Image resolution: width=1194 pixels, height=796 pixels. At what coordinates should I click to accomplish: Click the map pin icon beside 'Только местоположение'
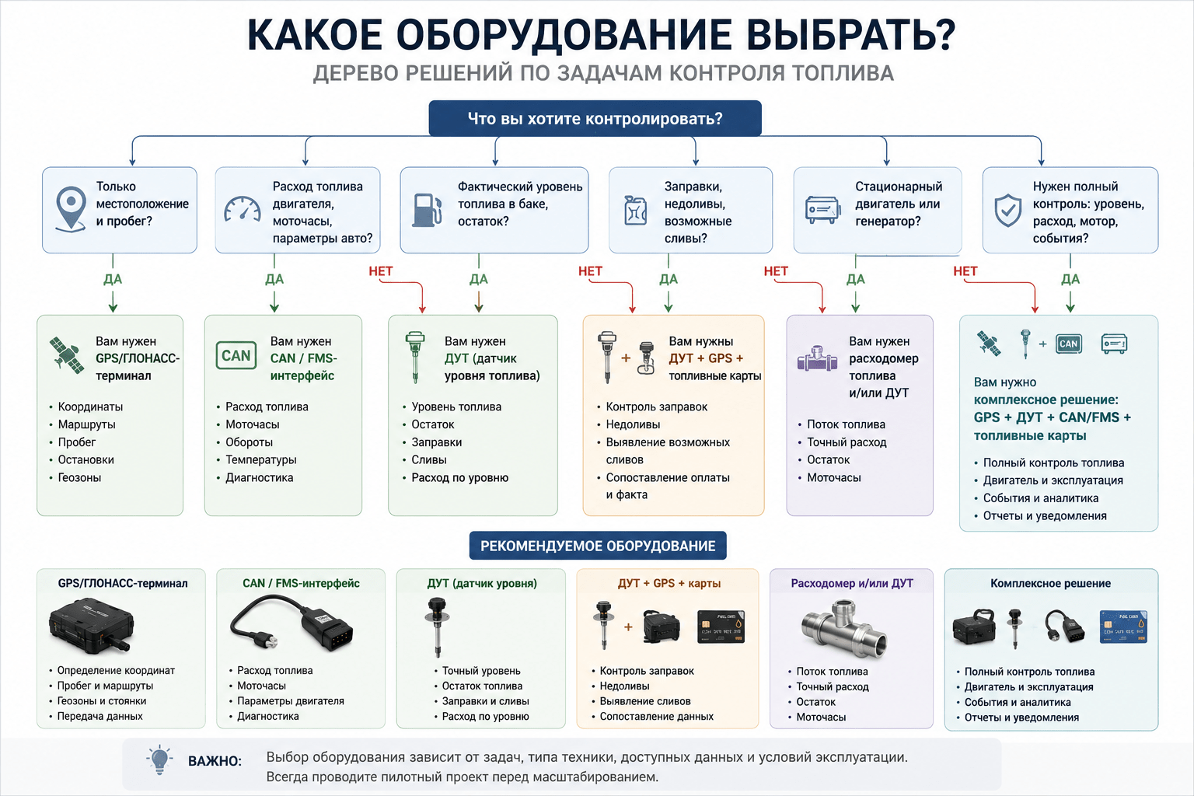[71, 209]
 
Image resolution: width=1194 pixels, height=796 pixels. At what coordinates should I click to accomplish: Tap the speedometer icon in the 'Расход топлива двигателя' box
[243, 209]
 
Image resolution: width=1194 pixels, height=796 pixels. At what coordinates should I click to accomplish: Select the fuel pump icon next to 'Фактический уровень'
[428, 210]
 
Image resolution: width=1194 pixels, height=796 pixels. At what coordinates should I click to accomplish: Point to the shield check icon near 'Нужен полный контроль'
[1008, 210]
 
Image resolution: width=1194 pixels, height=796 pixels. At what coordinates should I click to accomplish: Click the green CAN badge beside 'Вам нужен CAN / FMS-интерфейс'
[236, 355]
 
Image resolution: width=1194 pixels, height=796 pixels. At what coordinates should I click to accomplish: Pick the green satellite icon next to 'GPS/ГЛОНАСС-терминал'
[67, 354]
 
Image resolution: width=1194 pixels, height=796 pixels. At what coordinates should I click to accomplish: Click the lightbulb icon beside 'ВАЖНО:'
[159, 759]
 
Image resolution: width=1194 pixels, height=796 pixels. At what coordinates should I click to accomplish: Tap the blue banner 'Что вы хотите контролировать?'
[595, 118]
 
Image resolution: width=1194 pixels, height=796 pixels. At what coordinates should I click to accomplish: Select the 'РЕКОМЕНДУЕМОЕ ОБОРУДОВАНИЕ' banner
[598, 546]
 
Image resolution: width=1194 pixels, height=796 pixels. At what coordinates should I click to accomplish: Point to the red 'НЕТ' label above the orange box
[590, 271]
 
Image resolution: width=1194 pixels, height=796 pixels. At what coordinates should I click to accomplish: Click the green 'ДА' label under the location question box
[113, 279]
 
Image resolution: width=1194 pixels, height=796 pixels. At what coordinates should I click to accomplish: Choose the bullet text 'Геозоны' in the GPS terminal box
[79, 478]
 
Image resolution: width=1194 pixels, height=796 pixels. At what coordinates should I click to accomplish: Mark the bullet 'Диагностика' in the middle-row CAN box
[259, 478]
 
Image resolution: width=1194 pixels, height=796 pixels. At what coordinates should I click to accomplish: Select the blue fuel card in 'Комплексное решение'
[1123, 627]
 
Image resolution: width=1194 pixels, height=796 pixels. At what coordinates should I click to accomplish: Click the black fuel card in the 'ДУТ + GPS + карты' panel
[721, 627]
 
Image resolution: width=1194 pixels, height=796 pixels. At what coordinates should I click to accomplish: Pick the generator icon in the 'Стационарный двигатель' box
[822, 210]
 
